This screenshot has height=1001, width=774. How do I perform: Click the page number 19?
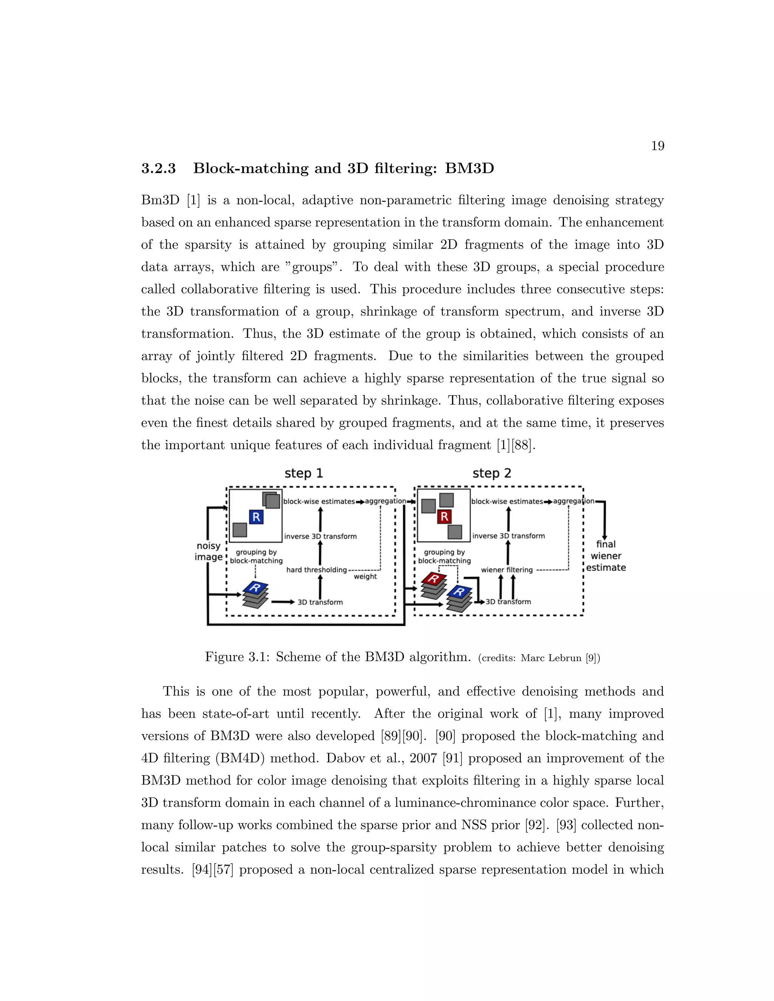click(657, 146)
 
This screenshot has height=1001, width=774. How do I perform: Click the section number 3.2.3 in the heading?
click(158, 169)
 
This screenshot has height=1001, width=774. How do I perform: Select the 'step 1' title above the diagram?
click(303, 473)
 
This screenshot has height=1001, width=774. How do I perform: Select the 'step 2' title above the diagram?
click(492, 473)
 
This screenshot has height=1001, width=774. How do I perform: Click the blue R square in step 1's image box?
click(256, 517)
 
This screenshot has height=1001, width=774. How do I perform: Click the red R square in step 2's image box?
click(444, 516)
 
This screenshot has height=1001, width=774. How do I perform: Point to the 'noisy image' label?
click(209, 551)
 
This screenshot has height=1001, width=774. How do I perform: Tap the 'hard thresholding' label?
click(316, 570)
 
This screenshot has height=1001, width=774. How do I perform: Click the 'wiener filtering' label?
click(507, 570)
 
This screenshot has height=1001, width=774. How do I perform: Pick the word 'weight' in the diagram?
click(365, 576)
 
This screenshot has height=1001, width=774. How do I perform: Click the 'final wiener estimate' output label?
click(606, 556)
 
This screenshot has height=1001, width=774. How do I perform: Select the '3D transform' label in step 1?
click(320, 602)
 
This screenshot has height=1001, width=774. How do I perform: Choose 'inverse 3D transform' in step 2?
click(509, 536)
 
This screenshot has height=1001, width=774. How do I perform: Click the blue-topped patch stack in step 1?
click(255, 595)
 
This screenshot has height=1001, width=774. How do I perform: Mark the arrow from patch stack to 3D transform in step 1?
click(282, 602)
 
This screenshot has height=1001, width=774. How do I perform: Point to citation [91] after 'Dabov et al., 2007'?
click(452, 758)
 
